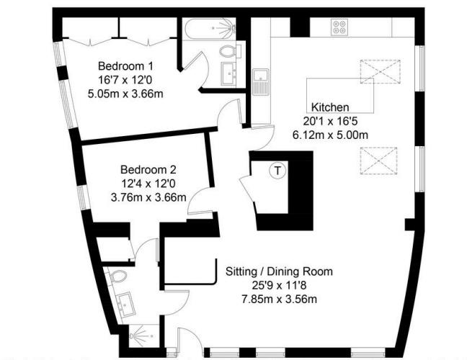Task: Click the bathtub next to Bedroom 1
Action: [x=209, y=29]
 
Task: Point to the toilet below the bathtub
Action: [x=230, y=51]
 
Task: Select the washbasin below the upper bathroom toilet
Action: [x=232, y=73]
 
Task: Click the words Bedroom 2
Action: [x=148, y=171]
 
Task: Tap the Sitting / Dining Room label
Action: [x=279, y=271]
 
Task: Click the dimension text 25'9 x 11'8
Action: [x=279, y=285]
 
